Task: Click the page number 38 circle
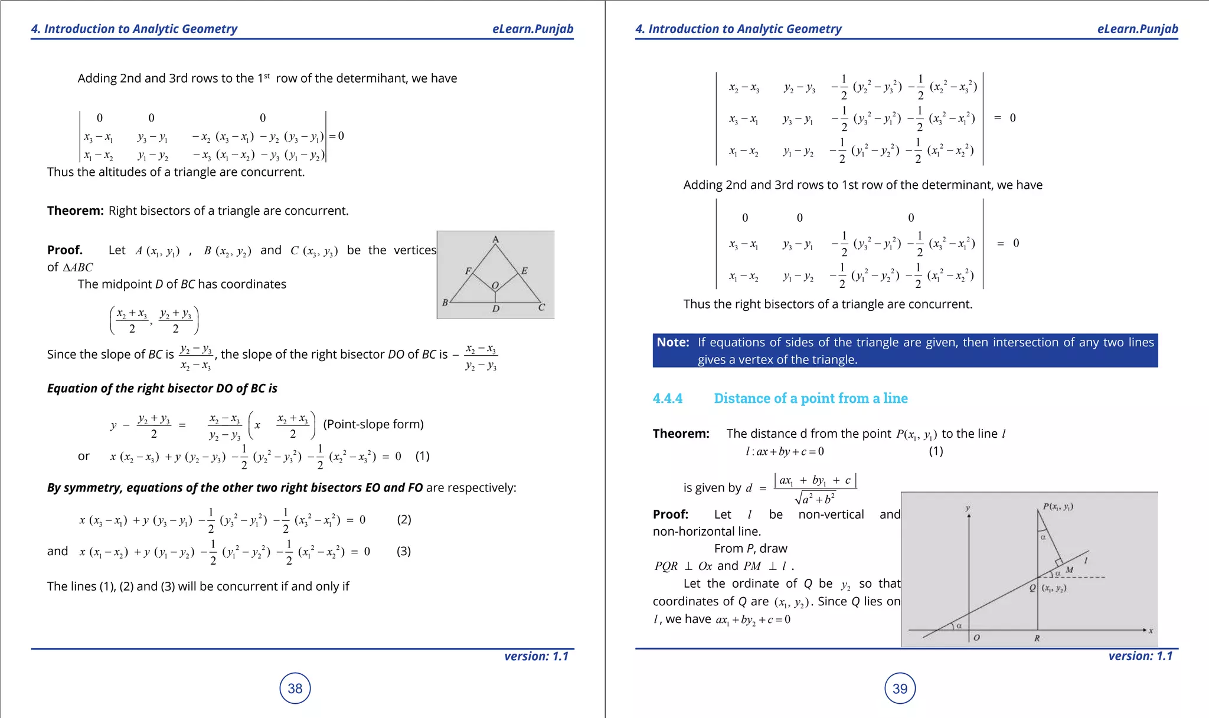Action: tap(295, 688)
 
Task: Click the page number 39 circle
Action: tap(900, 689)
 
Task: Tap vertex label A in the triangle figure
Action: tap(496, 239)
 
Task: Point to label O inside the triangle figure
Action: tap(495, 285)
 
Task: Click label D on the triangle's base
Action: tap(496, 309)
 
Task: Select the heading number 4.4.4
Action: tap(668, 398)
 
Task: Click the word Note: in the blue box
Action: tap(673, 342)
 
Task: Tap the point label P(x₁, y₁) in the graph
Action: tap(1058, 506)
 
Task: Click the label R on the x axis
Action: tap(1037, 638)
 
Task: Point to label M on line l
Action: tap(1069, 569)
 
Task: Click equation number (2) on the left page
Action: tap(404, 519)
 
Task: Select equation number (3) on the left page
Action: tap(404, 551)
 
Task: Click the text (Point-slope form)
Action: tap(373, 424)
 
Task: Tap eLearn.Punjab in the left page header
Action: tap(532, 29)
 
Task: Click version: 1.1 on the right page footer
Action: tap(1140, 656)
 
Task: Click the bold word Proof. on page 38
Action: tap(65, 250)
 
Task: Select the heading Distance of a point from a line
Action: tap(811, 398)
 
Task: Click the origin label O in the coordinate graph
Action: tap(976, 638)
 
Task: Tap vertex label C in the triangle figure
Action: tap(541, 307)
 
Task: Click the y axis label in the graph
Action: tap(968, 507)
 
